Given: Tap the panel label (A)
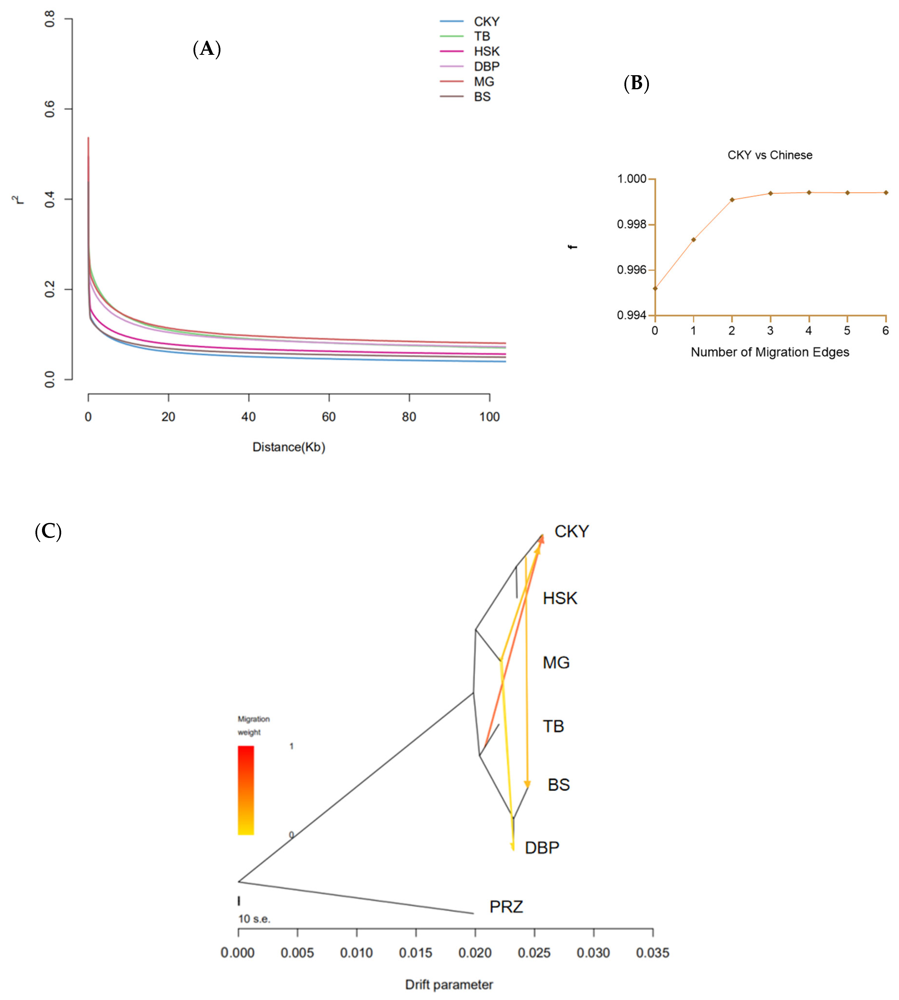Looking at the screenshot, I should point(206,49).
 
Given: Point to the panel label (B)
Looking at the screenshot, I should point(636,83).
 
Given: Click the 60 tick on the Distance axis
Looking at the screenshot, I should point(328,417).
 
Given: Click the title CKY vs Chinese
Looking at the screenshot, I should point(770,155).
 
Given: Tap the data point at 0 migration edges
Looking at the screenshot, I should point(655,288).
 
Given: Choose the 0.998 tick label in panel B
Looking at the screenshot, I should point(631,225).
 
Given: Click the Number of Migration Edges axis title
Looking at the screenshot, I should point(770,352).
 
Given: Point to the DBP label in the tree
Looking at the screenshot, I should point(542,847).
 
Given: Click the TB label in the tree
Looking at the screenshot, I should point(553,726).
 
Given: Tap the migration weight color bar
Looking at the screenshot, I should point(245,790).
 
